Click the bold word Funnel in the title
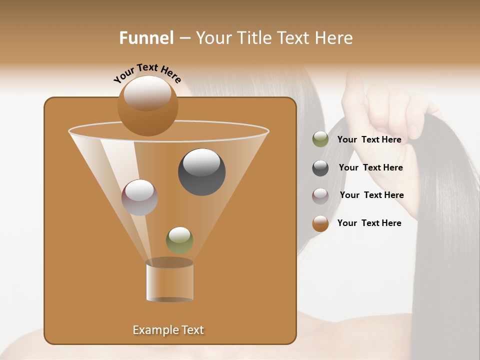pos(146,38)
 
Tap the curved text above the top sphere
pos(147,73)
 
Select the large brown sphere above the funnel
pos(147,106)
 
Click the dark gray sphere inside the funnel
pos(201,171)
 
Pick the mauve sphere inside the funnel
pos(139,197)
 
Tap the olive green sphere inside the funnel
pos(179,240)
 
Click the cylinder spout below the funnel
pos(169,281)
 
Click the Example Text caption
pos(168,330)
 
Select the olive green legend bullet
pos(320,139)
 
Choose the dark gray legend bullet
pos(320,167)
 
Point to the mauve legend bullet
pos(320,195)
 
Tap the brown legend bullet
pos(320,223)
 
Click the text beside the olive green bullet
pos(369,139)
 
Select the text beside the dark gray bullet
pos(370,167)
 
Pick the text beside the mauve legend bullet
pos(371,195)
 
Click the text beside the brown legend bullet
pos(369,223)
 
